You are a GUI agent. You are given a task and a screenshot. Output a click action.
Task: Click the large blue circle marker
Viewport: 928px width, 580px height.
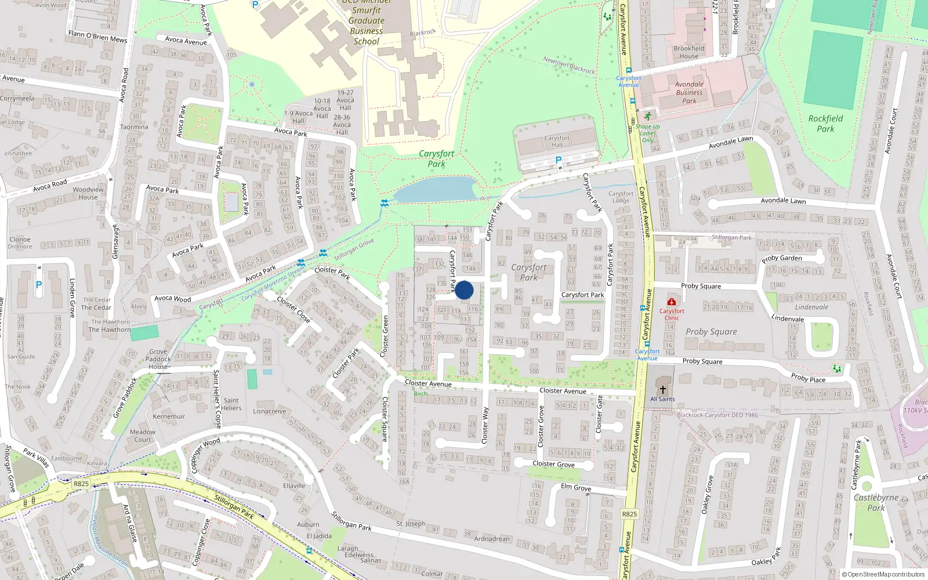coord(464,290)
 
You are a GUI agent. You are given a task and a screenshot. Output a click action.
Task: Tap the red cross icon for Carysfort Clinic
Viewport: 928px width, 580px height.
coord(672,302)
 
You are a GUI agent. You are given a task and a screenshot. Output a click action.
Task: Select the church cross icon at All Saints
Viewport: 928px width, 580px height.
coord(662,390)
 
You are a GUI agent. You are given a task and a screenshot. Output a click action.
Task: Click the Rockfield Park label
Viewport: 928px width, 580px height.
coord(825,124)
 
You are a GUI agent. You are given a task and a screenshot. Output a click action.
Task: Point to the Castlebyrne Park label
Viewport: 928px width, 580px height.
coord(876,502)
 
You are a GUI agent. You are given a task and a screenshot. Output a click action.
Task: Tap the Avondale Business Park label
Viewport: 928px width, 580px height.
coord(689,92)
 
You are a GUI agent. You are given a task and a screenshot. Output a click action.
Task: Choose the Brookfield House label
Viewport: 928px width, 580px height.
coord(689,52)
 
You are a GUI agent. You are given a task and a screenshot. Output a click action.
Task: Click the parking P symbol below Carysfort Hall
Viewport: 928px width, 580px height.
coord(559,160)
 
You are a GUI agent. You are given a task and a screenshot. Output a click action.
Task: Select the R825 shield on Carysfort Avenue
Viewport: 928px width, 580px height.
coord(629,514)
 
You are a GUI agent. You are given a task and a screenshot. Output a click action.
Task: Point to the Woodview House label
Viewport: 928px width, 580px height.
coord(88,193)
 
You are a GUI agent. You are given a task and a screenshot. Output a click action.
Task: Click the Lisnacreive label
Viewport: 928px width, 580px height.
coord(270,411)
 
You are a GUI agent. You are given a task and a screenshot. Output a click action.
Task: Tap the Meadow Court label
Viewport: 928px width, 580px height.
coord(143,436)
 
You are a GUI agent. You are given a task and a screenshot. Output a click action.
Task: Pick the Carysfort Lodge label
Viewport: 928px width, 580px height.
coord(621,197)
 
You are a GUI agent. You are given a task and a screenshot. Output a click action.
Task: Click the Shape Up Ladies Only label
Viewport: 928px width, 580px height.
coord(648,133)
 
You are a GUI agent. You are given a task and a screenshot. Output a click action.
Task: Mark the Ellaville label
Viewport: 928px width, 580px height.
coord(294,486)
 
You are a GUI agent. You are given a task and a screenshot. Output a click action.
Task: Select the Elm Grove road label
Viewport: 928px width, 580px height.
coord(576,487)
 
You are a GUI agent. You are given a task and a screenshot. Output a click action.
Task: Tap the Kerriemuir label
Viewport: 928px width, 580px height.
coord(169,416)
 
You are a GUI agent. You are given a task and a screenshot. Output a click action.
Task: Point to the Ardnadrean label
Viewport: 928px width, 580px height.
coord(492,539)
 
